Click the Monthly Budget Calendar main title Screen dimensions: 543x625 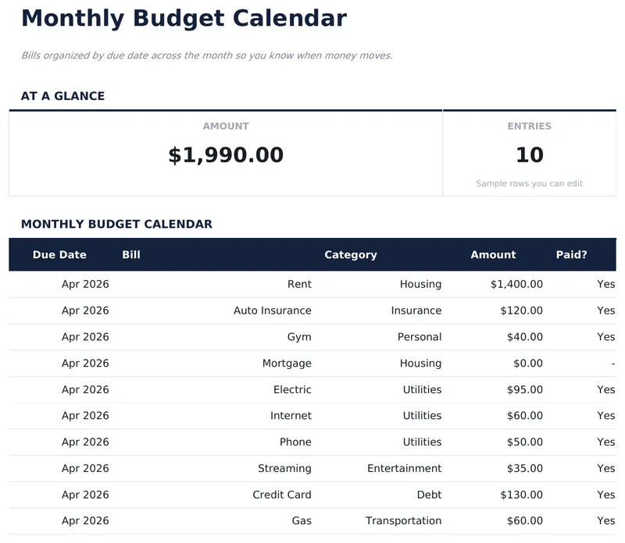pos(184,18)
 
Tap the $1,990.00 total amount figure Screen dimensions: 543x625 pos(226,154)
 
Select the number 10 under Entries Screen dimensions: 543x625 pos(529,154)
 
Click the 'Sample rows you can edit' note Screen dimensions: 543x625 pos(529,184)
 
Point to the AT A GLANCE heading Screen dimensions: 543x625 pos(62,96)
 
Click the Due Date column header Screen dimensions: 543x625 pos(59,254)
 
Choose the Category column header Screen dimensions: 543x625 pos(350,254)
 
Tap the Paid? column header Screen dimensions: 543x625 pos(571,254)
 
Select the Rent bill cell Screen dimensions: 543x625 pos(299,284)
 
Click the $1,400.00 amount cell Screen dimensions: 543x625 pos(516,284)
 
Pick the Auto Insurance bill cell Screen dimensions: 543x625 pos(272,311)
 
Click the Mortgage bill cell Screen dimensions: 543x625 pos(287,363)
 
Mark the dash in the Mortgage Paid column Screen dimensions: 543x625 pos(612,363)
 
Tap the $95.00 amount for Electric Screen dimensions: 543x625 pos(521,389)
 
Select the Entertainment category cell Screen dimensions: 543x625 pos(404,468)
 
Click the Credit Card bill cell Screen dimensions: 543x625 pos(281,495)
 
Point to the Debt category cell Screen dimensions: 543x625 pos(429,495)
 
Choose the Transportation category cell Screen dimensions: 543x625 pos(403,520)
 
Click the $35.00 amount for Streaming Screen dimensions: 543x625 pos(521,468)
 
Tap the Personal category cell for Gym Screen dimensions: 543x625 pos(420,337)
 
